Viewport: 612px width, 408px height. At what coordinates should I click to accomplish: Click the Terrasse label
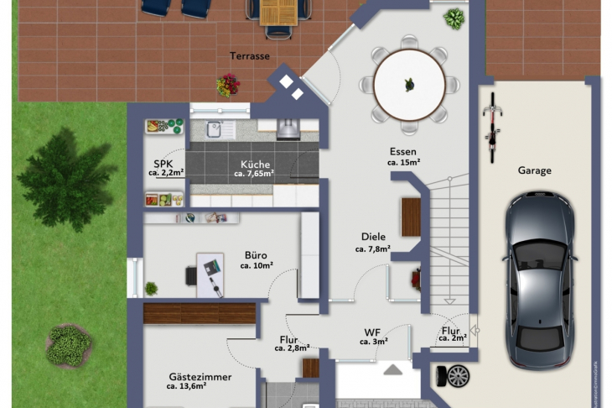click(249, 56)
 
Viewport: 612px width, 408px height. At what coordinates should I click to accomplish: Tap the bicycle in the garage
click(492, 128)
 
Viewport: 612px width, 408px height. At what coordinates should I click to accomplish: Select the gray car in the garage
click(540, 280)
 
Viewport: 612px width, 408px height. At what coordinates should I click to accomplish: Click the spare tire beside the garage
click(453, 376)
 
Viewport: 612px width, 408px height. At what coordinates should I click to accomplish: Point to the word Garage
click(534, 170)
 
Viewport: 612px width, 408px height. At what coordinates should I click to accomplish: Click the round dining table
click(409, 85)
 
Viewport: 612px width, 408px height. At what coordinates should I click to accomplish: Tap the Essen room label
click(403, 152)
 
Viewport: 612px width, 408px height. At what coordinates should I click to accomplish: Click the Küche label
click(255, 165)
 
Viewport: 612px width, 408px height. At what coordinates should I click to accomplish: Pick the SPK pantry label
click(163, 164)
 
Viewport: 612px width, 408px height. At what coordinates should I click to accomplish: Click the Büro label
click(256, 255)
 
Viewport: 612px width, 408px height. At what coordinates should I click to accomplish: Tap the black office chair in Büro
click(191, 275)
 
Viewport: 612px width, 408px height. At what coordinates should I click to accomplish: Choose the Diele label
click(374, 237)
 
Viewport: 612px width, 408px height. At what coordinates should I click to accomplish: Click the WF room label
click(372, 332)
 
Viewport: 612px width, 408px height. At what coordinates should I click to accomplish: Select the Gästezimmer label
click(200, 377)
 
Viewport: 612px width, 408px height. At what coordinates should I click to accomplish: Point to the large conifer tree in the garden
click(66, 179)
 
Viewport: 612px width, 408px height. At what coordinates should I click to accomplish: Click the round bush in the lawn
click(69, 346)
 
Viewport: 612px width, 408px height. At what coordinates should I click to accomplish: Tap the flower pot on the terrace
click(228, 85)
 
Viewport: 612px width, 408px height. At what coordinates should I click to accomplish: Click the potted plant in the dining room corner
click(454, 18)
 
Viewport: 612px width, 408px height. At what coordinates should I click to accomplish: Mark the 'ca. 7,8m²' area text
click(373, 248)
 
